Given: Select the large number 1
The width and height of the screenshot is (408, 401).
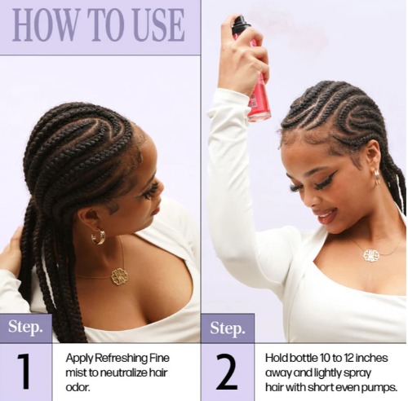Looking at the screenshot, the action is point(24,372).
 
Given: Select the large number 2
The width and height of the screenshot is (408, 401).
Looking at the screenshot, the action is point(227,372).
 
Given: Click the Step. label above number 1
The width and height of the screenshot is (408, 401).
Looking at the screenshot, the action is point(25,327).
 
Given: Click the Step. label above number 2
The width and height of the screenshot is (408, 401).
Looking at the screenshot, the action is point(228,328).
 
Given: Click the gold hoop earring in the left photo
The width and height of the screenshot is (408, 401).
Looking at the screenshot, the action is point(98,237).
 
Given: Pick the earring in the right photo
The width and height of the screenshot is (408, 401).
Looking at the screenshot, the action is point(378,177).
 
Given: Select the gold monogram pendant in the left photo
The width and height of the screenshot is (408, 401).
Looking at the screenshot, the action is point(119,276).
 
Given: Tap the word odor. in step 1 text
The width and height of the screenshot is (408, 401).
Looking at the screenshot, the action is point(78,387).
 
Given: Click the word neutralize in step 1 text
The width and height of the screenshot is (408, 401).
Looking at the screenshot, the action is point(121,372).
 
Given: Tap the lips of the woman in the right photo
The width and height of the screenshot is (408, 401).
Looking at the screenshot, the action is point(325,216).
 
